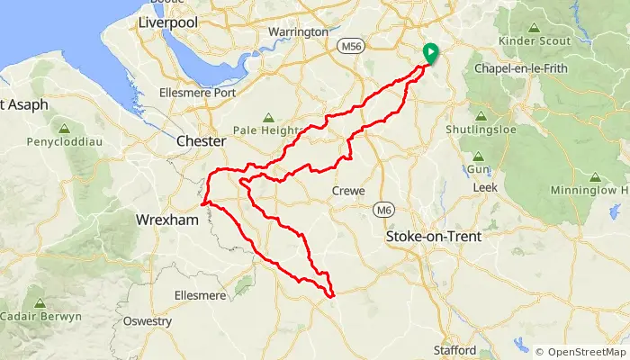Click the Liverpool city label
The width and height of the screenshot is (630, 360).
click(167, 22)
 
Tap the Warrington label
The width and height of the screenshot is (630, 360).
click(299, 31)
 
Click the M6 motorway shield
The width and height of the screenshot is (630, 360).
click(384, 209)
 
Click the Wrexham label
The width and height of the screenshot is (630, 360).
click(166, 220)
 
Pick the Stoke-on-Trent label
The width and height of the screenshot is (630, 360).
click(433, 237)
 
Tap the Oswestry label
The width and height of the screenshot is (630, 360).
click(148, 320)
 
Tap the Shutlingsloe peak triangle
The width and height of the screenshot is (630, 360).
click(481, 116)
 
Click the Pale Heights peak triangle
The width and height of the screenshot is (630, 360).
click(267, 117)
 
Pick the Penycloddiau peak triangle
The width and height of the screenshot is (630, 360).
click(64, 129)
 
